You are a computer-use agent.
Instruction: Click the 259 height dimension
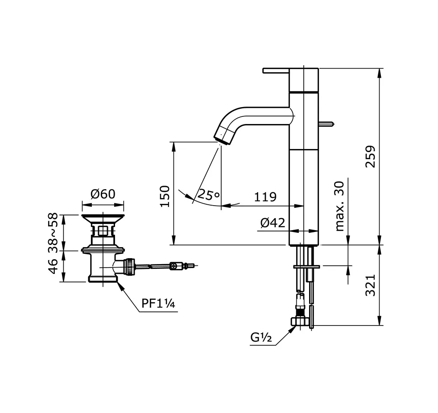(x=371, y=156)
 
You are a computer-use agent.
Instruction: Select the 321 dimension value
(x=371, y=285)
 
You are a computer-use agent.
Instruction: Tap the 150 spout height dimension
(x=165, y=196)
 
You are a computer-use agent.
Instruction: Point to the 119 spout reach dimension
(x=265, y=197)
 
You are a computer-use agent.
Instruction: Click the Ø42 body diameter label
(x=273, y=222)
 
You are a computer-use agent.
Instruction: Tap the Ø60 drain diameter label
(x=103, y=194)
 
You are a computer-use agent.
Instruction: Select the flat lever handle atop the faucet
(x=277, y=70)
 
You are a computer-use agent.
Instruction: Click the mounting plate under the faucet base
(x=306, y=266)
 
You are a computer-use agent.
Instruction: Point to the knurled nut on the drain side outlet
(x=129, y=266)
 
